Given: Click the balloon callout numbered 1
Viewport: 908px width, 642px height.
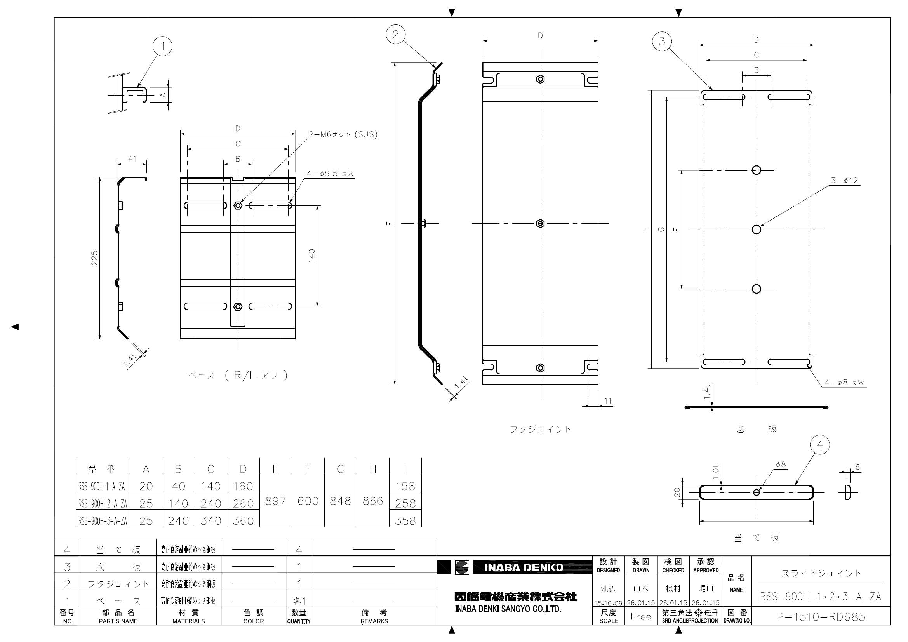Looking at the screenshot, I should (x=162, y=47).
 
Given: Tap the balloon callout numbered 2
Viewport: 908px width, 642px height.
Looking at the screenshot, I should (x=396, y=35).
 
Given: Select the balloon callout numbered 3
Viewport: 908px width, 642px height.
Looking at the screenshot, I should (x=663, y=41).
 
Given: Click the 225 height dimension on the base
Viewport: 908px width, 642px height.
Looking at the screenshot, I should (x=94, y=258).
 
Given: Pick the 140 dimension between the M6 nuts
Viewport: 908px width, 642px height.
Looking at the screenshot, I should (x=312, y=256).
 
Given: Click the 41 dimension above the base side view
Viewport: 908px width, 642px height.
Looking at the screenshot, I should (x=132, y=158).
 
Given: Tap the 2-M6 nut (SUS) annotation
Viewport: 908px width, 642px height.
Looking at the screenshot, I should (x=343, y=134).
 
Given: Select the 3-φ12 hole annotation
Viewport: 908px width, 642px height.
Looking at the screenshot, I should (x=844, y=181).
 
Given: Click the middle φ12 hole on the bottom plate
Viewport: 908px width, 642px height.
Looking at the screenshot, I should (x=756, y=230).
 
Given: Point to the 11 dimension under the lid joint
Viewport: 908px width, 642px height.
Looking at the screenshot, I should (x=608, y=401).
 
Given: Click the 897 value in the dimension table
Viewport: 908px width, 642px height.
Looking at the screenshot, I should (x=275, y=501).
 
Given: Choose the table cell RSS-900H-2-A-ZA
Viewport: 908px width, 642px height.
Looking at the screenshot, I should (x=103, y=504).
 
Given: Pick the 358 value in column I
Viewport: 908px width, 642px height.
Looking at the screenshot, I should (x=405, y=520).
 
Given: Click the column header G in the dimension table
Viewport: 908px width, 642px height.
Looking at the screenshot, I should (x=340, y=469).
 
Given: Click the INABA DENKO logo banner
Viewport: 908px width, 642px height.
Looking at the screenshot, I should (x=524, y=568).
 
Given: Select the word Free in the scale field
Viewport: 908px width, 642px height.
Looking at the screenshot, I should (x=641, y=617).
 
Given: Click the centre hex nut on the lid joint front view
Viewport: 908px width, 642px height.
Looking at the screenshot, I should (x=540, y=223).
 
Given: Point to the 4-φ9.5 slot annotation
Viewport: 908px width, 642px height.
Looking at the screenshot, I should (x=330, y=173).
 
